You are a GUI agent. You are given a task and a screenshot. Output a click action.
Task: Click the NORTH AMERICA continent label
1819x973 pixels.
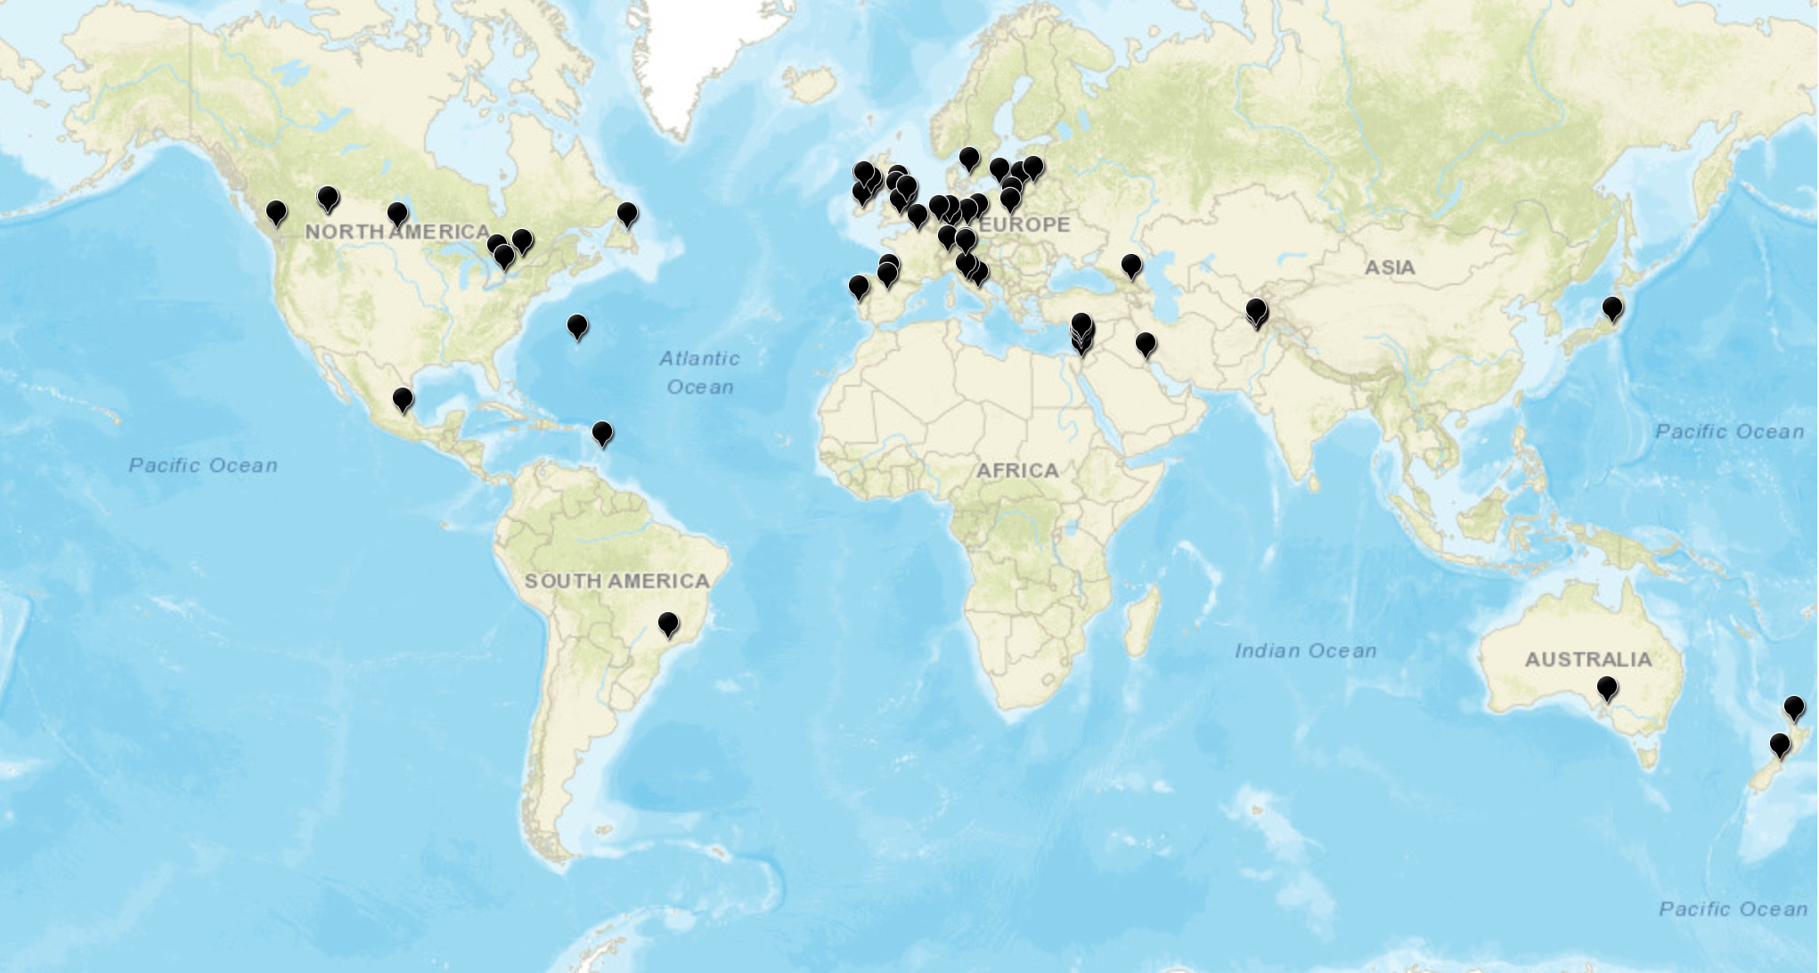click(x=397, y=232)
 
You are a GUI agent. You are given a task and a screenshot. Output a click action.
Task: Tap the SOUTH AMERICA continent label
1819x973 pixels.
click(x=616, y=581)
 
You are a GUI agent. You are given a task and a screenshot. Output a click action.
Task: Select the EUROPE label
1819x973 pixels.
click(x=1024, y=225)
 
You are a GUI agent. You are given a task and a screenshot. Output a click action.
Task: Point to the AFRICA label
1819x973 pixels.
click(x=1017, y=470)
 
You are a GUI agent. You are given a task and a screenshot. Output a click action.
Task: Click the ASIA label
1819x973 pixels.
click(x=1390, y=266)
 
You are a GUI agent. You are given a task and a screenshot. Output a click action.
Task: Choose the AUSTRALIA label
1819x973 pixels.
click(x=1587, y=659)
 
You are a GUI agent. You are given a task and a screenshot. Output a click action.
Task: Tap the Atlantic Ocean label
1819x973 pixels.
click(x=700, y=372)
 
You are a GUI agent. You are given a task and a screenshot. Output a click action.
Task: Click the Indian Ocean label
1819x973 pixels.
click(x=1305, y=650)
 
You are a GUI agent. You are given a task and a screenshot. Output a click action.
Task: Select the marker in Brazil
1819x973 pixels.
click(x=668, y=624)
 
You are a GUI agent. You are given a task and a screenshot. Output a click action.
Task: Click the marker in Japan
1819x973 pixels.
click(x=1612, y=308)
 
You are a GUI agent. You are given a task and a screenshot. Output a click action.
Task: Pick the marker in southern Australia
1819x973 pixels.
click(x=1607, y=688)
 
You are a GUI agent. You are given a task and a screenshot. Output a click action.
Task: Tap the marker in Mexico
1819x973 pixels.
click(x=403, y=398)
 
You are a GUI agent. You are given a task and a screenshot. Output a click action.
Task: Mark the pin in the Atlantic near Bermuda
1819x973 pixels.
click(x=577, y=326)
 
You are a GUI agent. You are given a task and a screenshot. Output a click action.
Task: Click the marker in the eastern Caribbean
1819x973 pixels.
click(x=602, y=433)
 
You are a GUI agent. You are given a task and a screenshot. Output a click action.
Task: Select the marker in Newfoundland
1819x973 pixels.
click(x=627, y=214)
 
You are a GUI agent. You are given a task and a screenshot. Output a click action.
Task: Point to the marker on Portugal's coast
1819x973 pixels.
click(x=859, y=287)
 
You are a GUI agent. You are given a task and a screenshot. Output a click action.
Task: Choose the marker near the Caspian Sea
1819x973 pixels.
click(x=1131, y=265)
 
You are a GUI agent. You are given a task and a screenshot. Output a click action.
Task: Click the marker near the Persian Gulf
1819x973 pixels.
click(x=1146, y=343)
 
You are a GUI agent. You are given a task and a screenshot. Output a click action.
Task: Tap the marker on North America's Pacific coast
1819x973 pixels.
click(x=276, y=212)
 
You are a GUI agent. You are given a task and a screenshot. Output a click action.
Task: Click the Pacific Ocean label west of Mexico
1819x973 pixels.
click(x=203, y=464)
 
